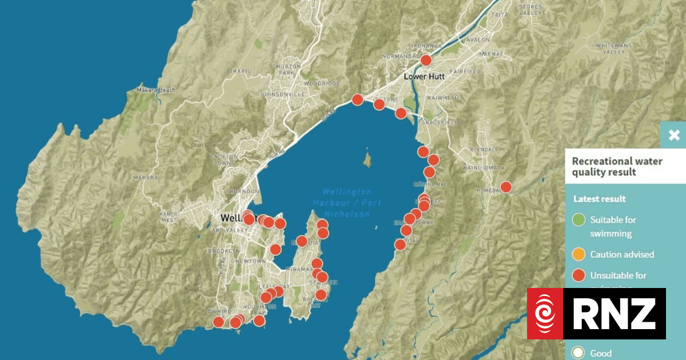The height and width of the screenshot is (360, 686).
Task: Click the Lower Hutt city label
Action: pyautogui.click(x=424, y=76)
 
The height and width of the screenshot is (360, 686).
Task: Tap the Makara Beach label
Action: pyautogui.click(x=155, y=90)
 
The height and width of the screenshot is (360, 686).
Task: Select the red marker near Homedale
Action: pyautogui.click(x=506, y=187)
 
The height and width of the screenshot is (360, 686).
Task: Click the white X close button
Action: pyautogui.click(x=674, y=135)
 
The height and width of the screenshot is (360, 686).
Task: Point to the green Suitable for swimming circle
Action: pyautogui.click(x=579, y=219)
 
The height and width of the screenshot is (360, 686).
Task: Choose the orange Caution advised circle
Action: pyautogui.click(x=579, y=254)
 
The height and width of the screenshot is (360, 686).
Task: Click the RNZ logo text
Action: pyautogui.click(x=614, y=313)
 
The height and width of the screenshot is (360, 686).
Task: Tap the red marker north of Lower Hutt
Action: pyautogui.click(x=426, y=60)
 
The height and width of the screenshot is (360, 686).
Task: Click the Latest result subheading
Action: pyautogui.click(x=600, y=199)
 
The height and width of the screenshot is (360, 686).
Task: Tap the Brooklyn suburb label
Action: pyautogui.click(x=225, y=251)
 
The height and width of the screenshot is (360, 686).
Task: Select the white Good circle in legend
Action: pyautogui.click(x=579, y=353)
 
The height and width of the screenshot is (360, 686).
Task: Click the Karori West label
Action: pyautogui.click(x=169, y=217)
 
